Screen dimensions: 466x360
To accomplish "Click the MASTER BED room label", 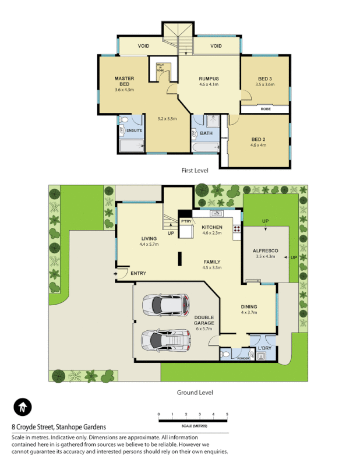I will (x=124, y=81).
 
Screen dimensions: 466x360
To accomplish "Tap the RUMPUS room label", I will (x=209, y=79).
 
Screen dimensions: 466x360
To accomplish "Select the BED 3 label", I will (x=264, y=79).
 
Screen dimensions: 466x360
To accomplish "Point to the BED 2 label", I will (x=258, y=139).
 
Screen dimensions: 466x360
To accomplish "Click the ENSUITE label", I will (x=135, y=130).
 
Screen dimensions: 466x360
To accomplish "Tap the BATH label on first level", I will (x=206, y=133).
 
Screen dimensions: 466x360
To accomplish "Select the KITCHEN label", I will (x=213, y=227).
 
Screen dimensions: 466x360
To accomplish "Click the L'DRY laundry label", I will (x=264, y=349).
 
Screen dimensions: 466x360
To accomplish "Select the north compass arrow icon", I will (x=22, y=407).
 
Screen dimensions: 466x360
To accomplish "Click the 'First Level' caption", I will (x=195, y=171).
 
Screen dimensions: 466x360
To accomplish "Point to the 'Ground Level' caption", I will (x=195, y=393).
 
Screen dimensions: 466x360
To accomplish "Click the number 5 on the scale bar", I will (x=227, y=414).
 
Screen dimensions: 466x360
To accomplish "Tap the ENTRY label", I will (x=139, y=274).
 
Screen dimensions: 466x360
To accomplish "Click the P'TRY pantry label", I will (x=186, y=222).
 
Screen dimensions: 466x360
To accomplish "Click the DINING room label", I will (x=249, y=307).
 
